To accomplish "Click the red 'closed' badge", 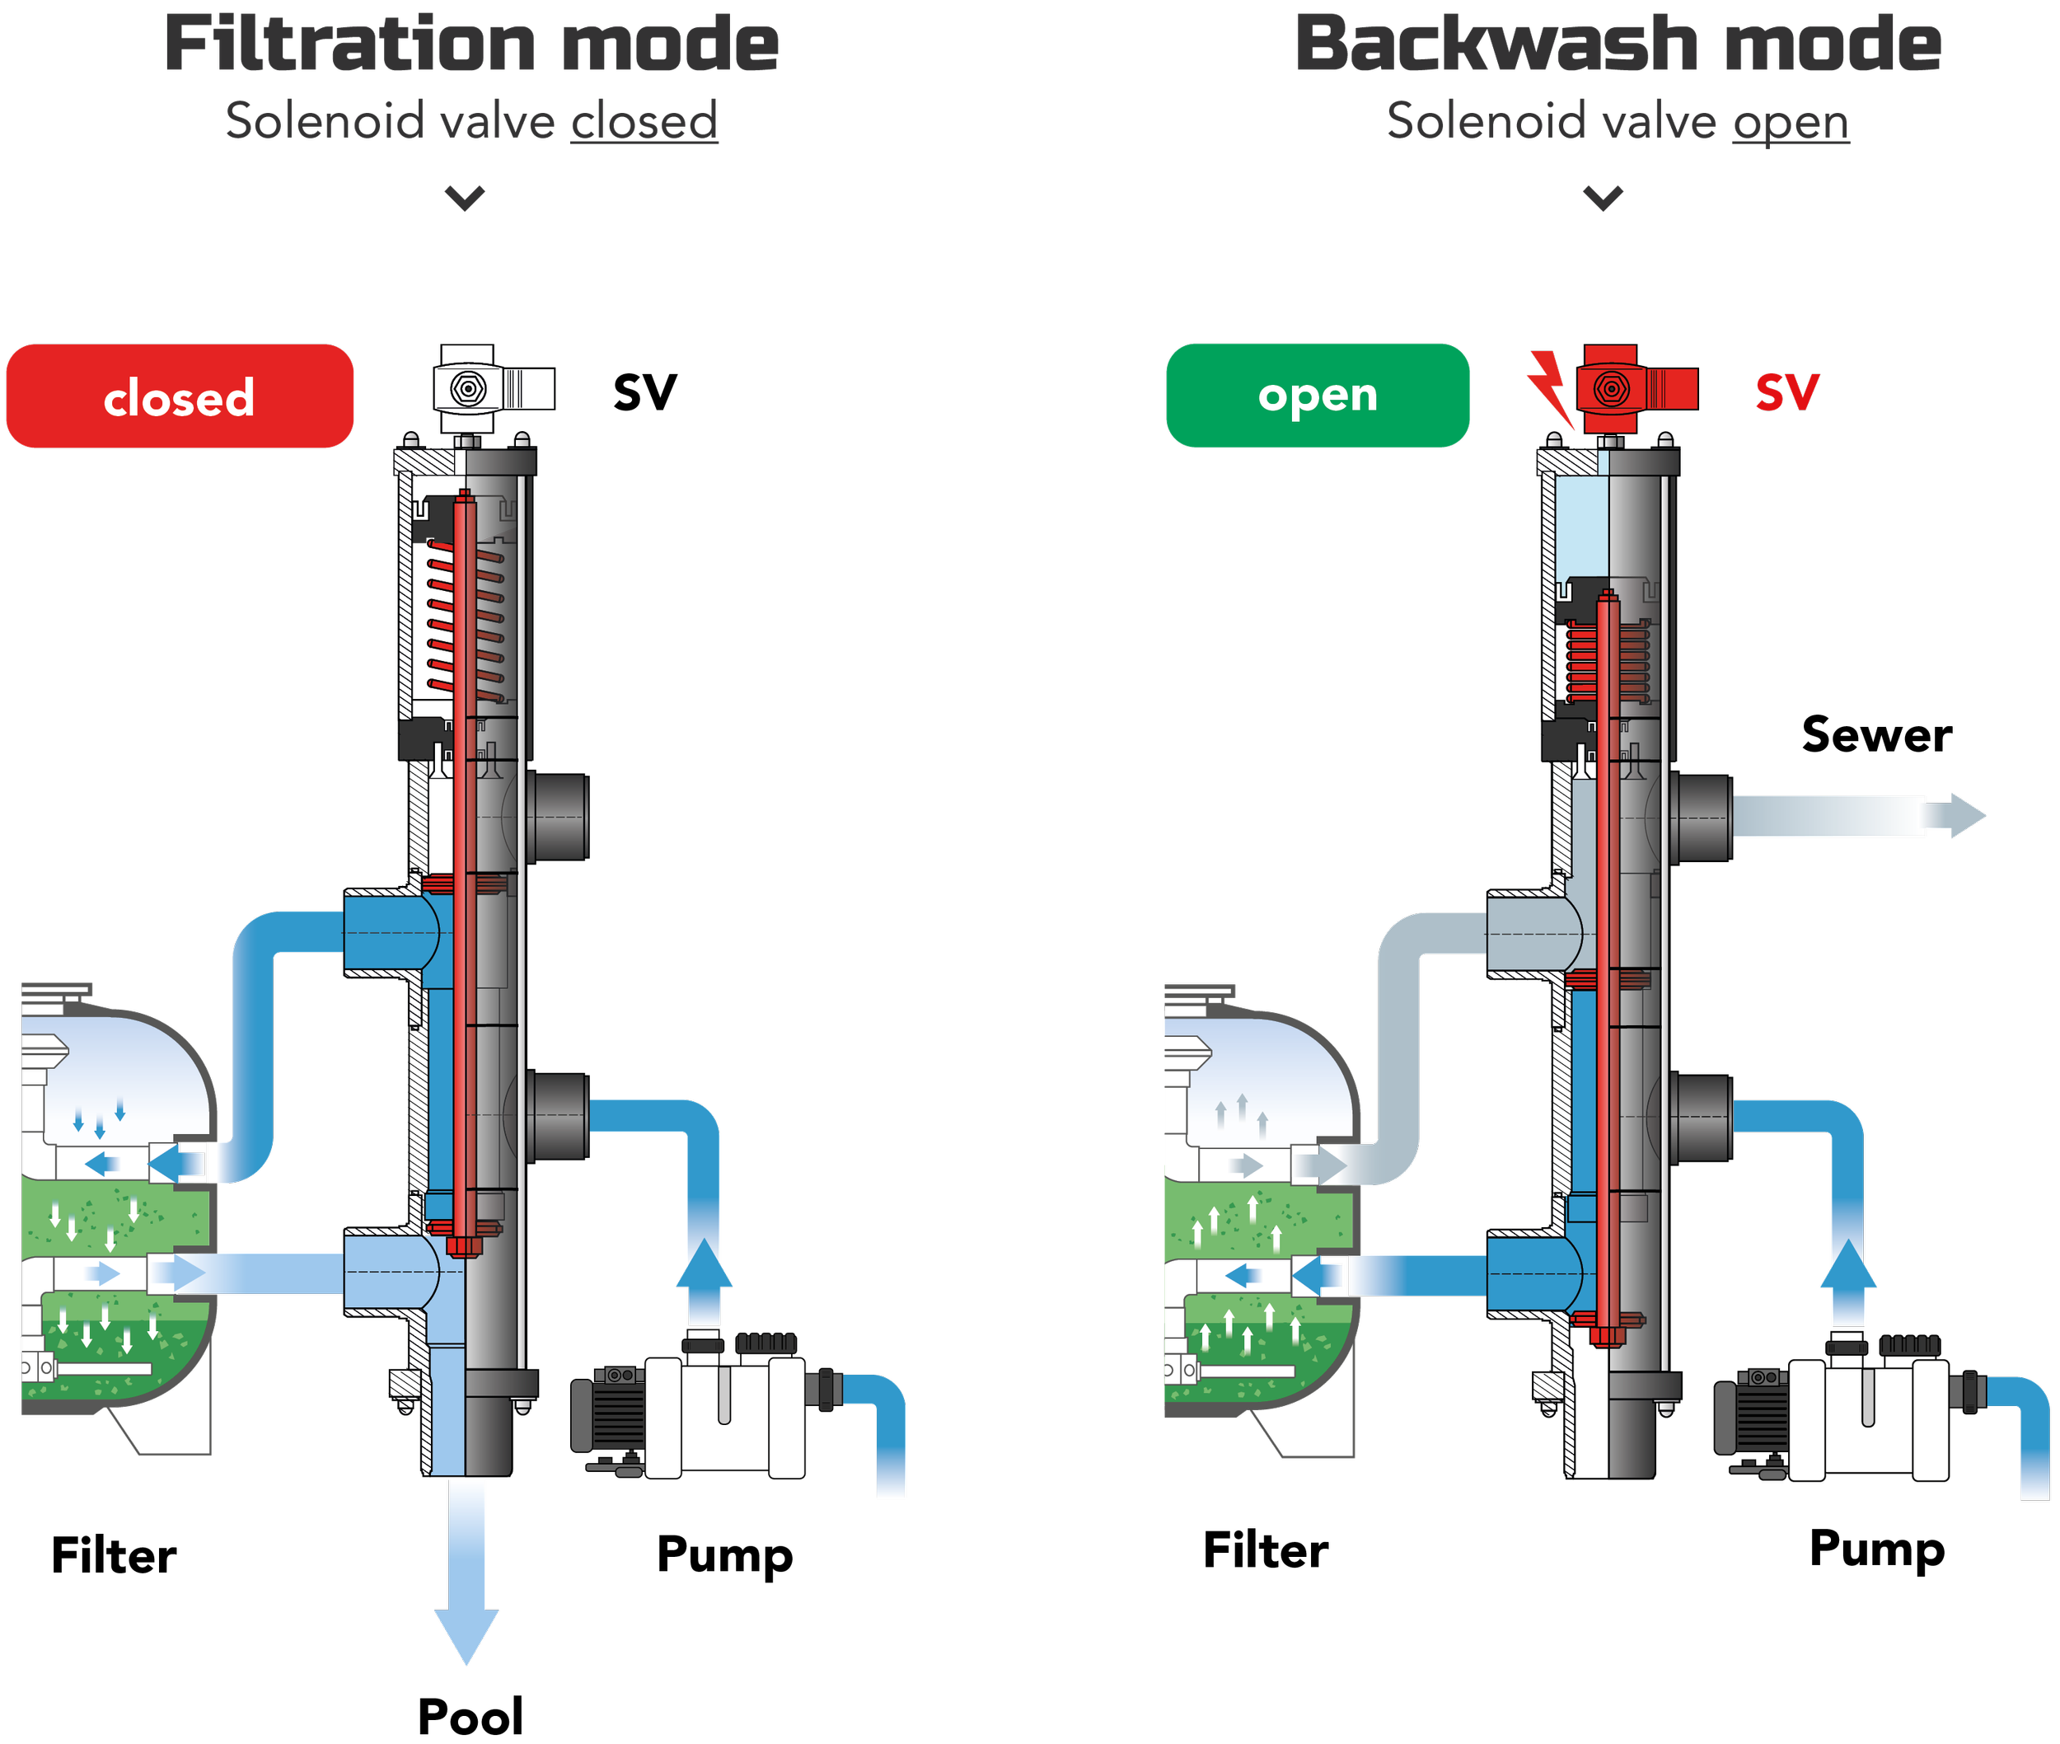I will pyautogui.click(x=179, y=396).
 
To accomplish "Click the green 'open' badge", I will pyautogui.click(x=1317, y=396).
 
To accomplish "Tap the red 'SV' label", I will pyautogui.click(x=1786, y=392).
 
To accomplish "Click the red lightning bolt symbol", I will pyautogui.click(x=1549, y=387).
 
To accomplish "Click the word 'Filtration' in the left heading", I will pyautogui.click(x=350, y=45).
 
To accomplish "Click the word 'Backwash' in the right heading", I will pyautogui.click(x=1496, y=45).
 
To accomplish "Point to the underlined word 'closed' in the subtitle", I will pyautogui.click(x=644, y=123).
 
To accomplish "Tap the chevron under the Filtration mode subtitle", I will pyautogui.click(x=456, y=199).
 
